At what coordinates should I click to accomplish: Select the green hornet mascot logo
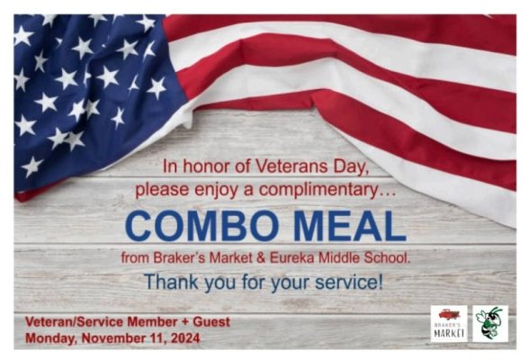click(x=490, y=322)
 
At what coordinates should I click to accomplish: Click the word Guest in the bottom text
click(x=209, y=321)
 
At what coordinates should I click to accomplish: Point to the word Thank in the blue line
click(x=169, y=281)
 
